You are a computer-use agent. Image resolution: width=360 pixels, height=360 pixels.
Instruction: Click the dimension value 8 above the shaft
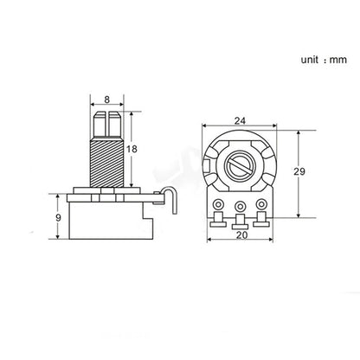107,100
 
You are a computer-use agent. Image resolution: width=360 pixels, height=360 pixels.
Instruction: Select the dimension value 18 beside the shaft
132,149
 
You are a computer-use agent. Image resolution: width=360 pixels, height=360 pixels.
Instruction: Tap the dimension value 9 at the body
59,217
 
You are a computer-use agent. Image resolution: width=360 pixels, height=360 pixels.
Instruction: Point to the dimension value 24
240,120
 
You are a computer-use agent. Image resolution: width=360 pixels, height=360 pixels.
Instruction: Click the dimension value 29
299,171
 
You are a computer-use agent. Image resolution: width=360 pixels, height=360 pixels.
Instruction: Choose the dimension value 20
241,235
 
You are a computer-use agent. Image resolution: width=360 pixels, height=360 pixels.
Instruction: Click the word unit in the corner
310,60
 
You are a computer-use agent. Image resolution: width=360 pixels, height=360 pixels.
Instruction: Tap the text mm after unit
338,60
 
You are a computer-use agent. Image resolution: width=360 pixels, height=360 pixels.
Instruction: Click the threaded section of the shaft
107,162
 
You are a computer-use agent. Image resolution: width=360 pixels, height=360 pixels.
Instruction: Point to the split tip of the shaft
107,124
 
